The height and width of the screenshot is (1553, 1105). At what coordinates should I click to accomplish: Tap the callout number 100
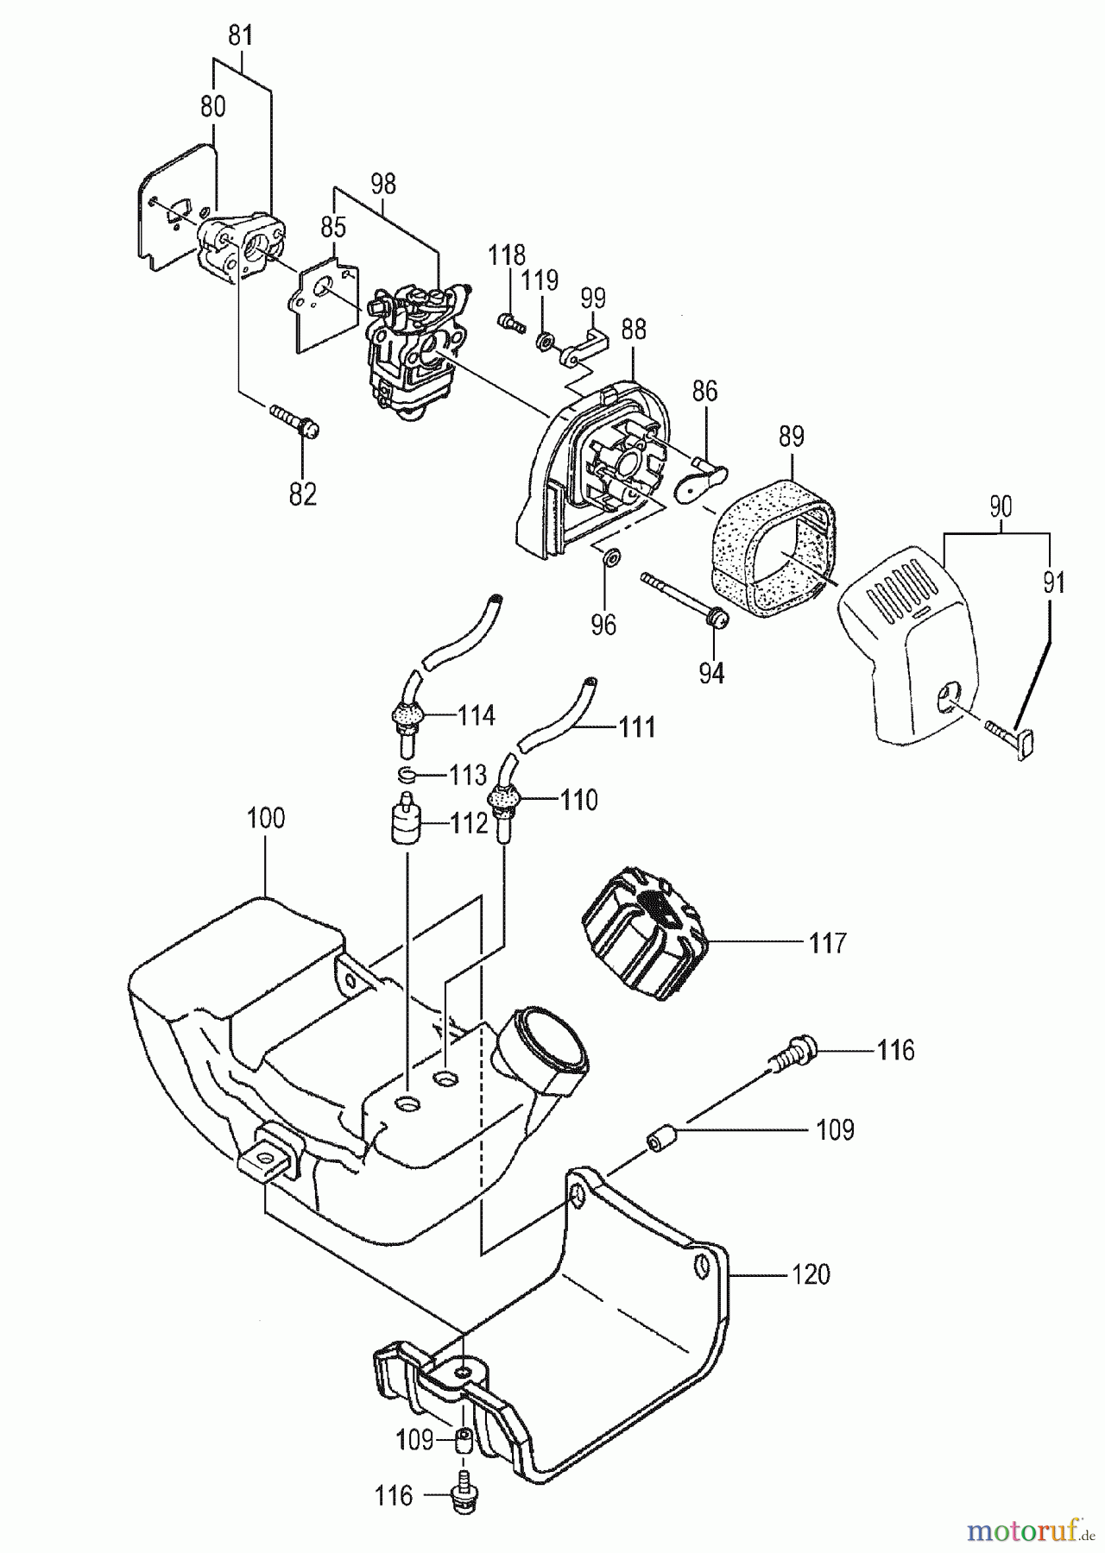(265, 818)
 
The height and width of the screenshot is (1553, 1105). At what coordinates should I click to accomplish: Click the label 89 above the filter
(791, 437)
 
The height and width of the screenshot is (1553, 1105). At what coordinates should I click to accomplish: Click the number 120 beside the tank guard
(810, 1273)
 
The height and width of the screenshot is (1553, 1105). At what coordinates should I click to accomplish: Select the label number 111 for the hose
(637, 727)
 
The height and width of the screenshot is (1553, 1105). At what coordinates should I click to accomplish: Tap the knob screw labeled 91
(1014, 737)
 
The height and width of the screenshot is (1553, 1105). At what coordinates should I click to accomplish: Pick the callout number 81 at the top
(241, 35)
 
